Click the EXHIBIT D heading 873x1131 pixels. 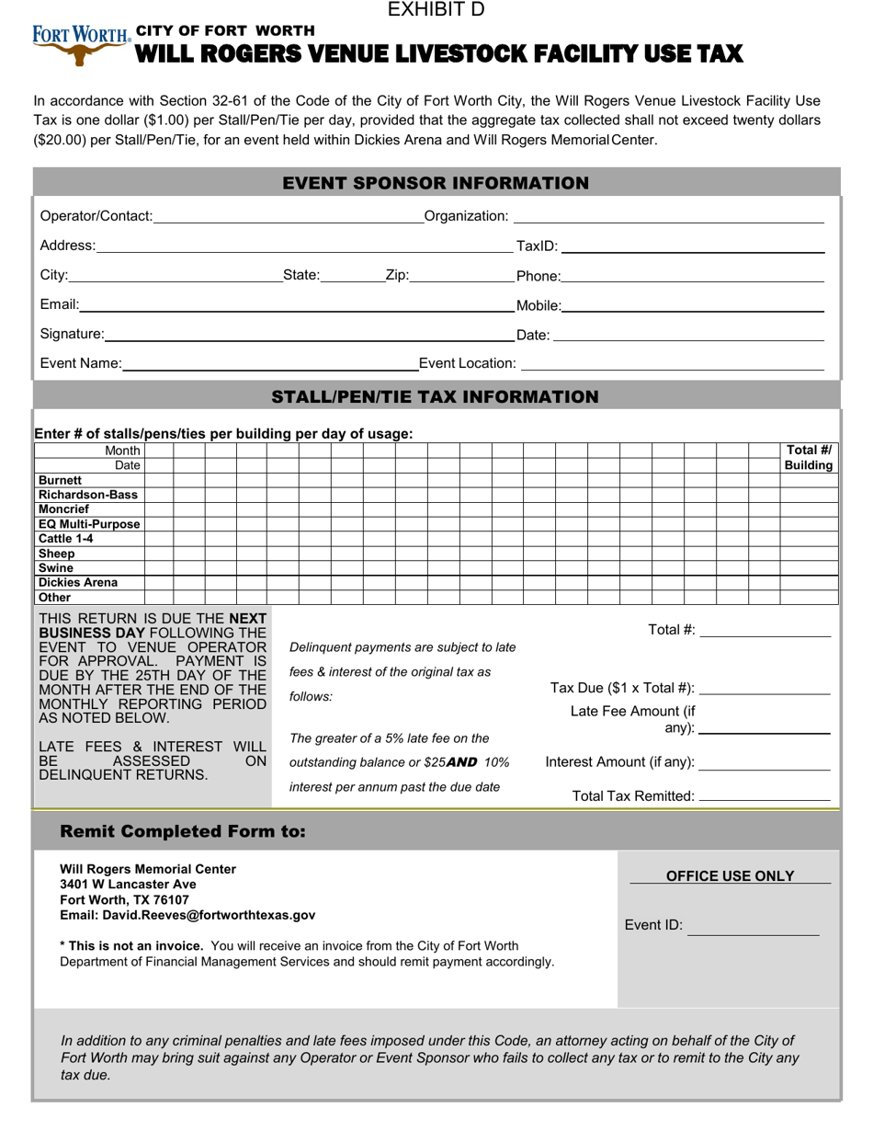(x=436, y=10)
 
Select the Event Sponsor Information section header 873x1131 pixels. (x=436, y=183)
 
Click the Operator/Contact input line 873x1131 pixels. (x=288, y=217)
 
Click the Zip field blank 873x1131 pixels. (x=462, y=277)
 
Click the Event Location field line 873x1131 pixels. (x=672, y=364)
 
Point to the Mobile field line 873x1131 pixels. (x=693, y=307)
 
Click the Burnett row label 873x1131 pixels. (x=61, y=480)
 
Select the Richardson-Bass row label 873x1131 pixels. (x=88, y=495)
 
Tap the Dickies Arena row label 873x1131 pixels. (x=78, y=583)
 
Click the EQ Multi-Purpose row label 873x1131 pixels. (x=89, y=524)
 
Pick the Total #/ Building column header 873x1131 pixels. (x=809, y=458)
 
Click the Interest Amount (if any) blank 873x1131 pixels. (x=765, y=763)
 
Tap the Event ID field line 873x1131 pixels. (x=753, y=927)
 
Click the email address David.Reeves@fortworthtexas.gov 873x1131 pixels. (x=187, y=916)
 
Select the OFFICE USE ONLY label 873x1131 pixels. (x=730, y=876)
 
